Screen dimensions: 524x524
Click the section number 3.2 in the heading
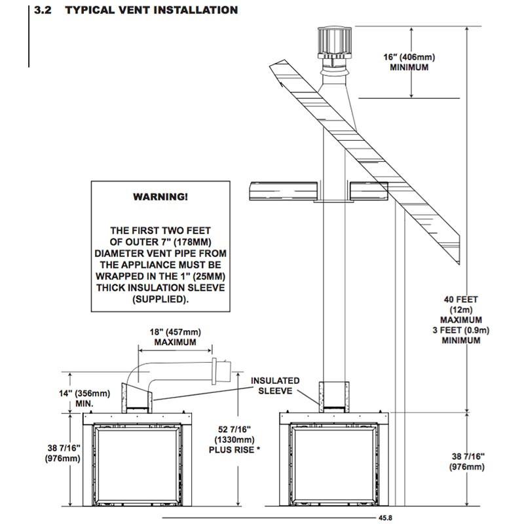point(45,10)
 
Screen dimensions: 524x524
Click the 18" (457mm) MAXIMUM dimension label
point(176,337)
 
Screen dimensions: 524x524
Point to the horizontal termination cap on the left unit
point(221,371)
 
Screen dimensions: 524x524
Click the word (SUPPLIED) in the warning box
point(160,299)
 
